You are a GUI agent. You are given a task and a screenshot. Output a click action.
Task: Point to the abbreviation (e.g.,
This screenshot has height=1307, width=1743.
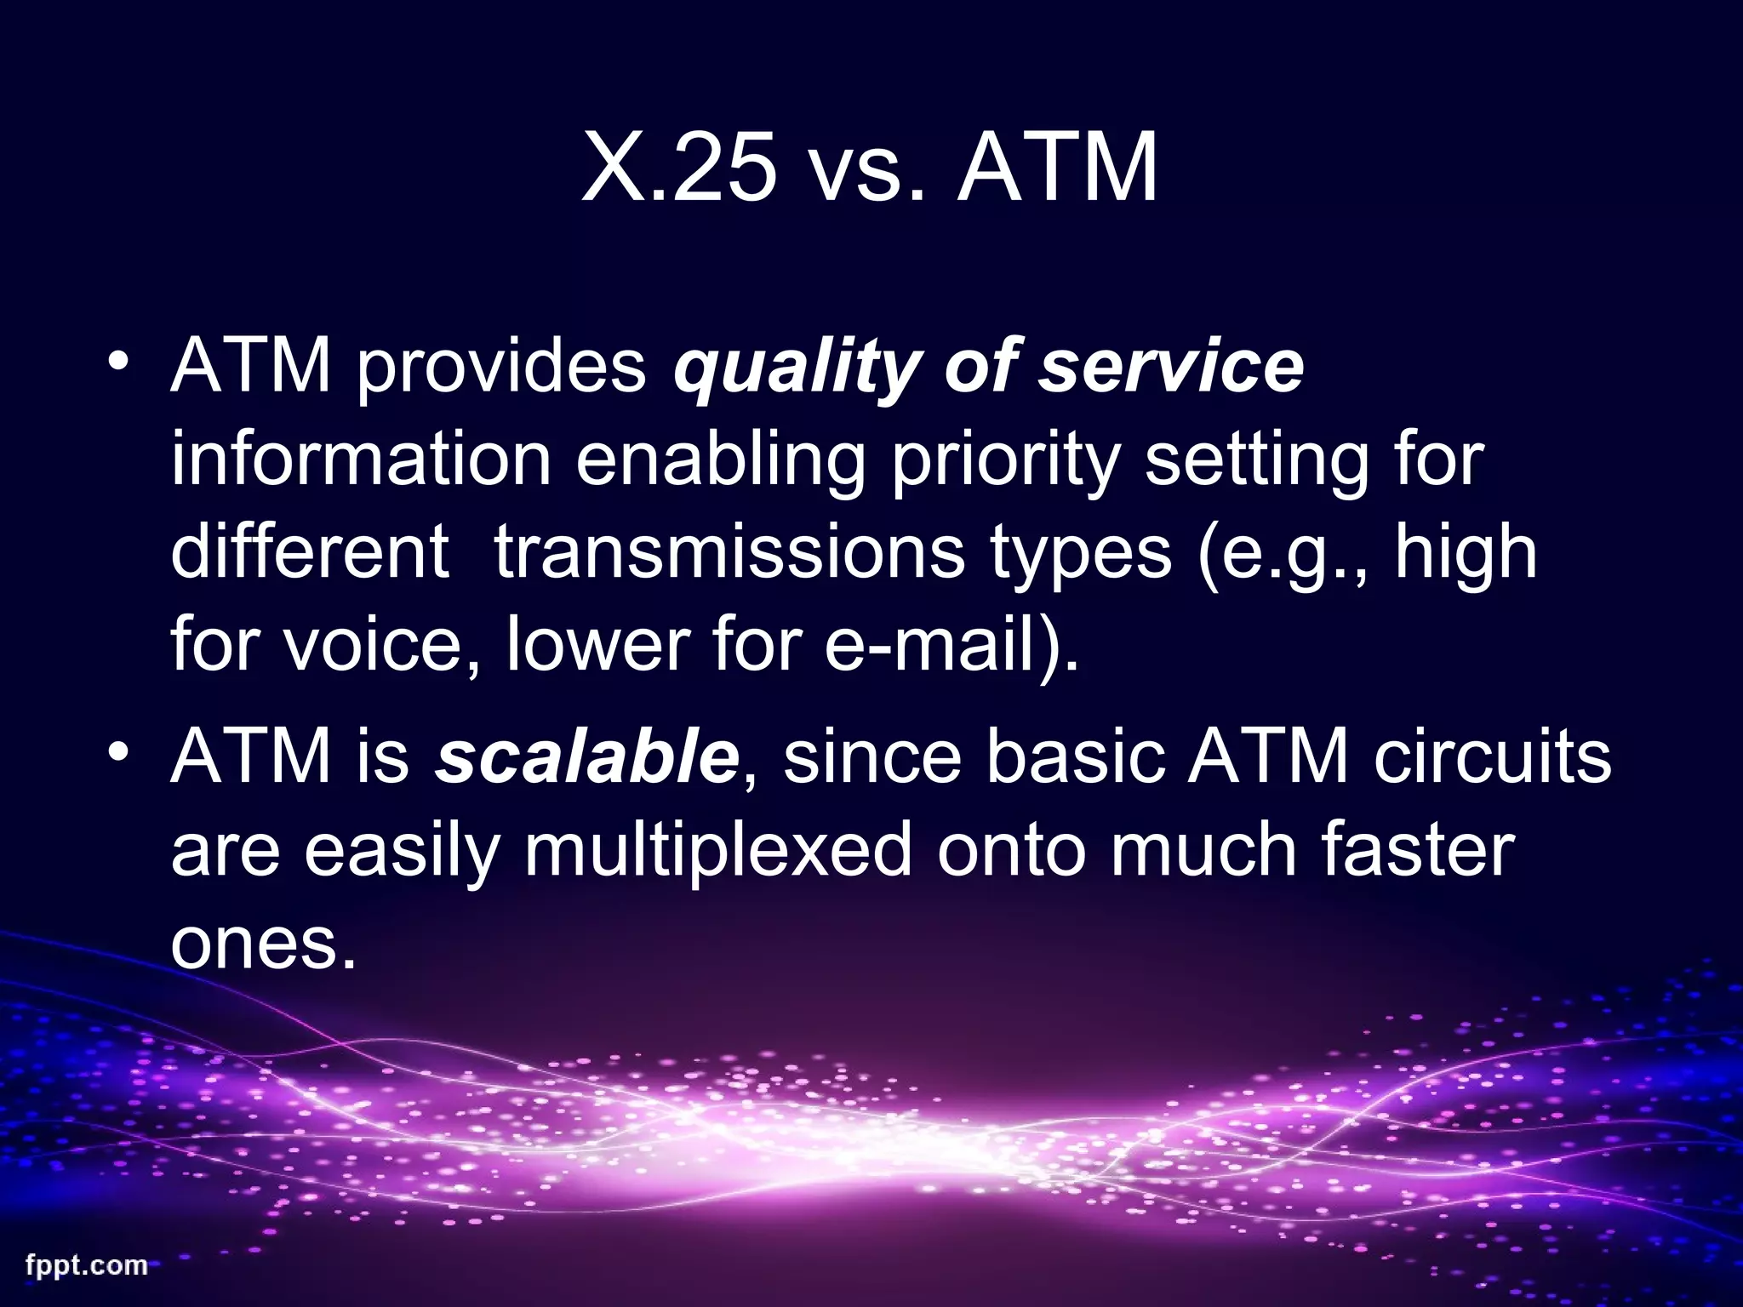point(1286,553)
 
